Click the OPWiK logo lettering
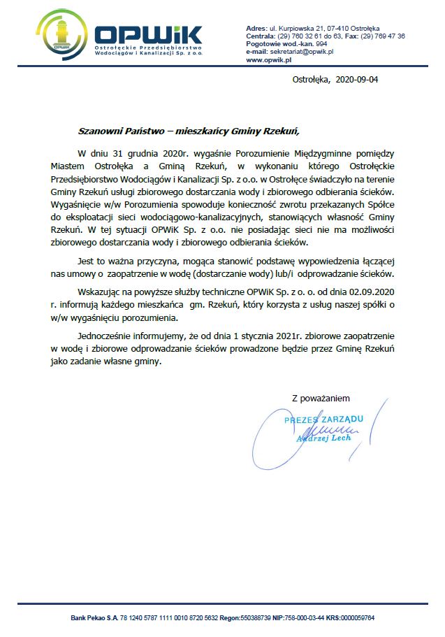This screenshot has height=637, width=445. (148, 35)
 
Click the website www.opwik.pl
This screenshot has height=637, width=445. (268, 61)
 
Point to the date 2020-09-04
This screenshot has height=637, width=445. (358, 80)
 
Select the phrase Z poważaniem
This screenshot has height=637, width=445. (319, 399)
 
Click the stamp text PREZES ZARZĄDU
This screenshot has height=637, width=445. (323, 419)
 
